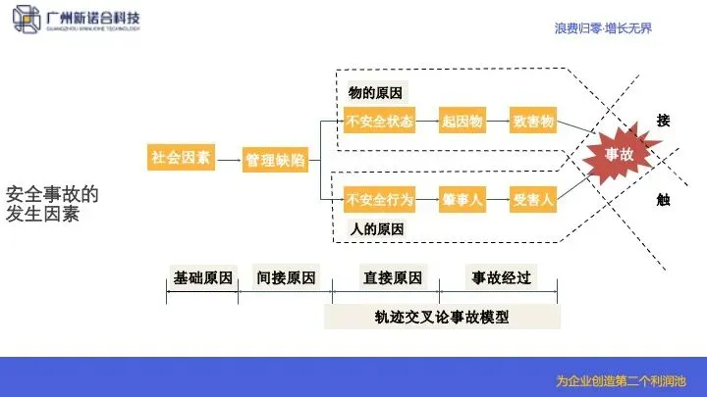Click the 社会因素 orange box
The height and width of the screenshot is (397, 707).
(181, 158)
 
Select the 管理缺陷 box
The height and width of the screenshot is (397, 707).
(275, 160)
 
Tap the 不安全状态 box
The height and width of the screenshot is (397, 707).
(379, 123)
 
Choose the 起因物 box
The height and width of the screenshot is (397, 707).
(462, 123)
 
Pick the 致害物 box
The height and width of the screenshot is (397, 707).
(533, 123)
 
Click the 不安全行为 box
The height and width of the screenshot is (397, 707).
(379, 200)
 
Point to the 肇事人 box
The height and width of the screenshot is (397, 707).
(462, 200)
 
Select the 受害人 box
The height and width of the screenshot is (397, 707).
(533, 200)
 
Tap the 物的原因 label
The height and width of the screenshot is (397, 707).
(376, 93)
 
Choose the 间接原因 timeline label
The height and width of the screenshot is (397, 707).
(287, 277)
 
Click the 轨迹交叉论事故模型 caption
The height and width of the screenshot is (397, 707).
(442, 317)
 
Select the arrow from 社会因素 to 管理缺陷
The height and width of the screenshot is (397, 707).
(229, 159)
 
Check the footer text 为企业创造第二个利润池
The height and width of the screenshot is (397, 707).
(621, 380)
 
